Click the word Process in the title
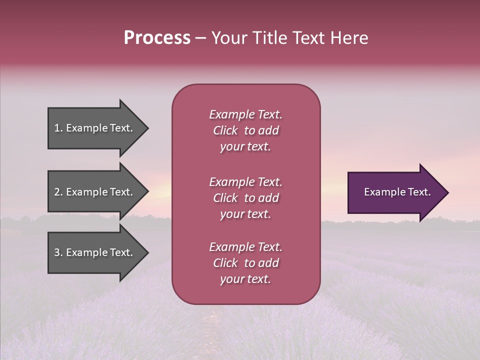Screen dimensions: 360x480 tap(157, 38)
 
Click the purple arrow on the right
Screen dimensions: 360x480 tap(395, 192)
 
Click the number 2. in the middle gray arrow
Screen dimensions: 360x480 tap(58, 192)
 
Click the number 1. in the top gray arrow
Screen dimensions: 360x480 tap(58, 128)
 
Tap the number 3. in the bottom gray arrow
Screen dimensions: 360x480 tap(58, 253)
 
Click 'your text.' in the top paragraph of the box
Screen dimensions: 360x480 tap(245, 146)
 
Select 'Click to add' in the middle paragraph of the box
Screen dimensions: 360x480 tap(246, 198)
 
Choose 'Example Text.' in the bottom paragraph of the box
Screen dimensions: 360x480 tap(245, 247)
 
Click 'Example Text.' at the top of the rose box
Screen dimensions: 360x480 tap(245, 114)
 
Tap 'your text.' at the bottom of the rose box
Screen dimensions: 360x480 tap(245, 279)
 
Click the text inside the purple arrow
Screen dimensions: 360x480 tap(397, 192)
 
